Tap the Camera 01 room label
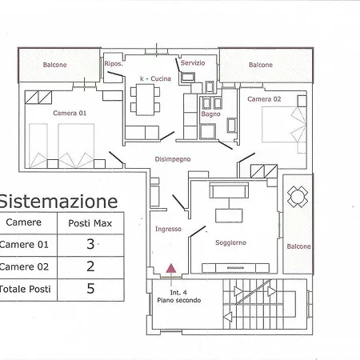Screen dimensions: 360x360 70,113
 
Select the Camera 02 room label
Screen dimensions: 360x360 264,99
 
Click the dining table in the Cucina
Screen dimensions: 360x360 145,99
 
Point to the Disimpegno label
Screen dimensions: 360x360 173,159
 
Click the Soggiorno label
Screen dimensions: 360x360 230,242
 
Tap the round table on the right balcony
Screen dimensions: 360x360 298,197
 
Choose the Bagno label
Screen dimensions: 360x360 210,114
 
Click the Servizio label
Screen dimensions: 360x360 193,63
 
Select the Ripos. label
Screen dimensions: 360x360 114,63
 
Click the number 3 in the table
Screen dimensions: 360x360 90,244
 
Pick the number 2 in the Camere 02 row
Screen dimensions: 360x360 90,266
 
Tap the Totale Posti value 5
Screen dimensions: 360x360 90,288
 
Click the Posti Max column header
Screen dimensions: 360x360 90,223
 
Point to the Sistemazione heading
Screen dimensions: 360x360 58,201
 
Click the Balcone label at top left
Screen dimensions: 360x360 54,65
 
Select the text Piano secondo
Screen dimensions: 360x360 179,300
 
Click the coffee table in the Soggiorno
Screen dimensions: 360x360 229,215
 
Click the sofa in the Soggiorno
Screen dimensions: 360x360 229,190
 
